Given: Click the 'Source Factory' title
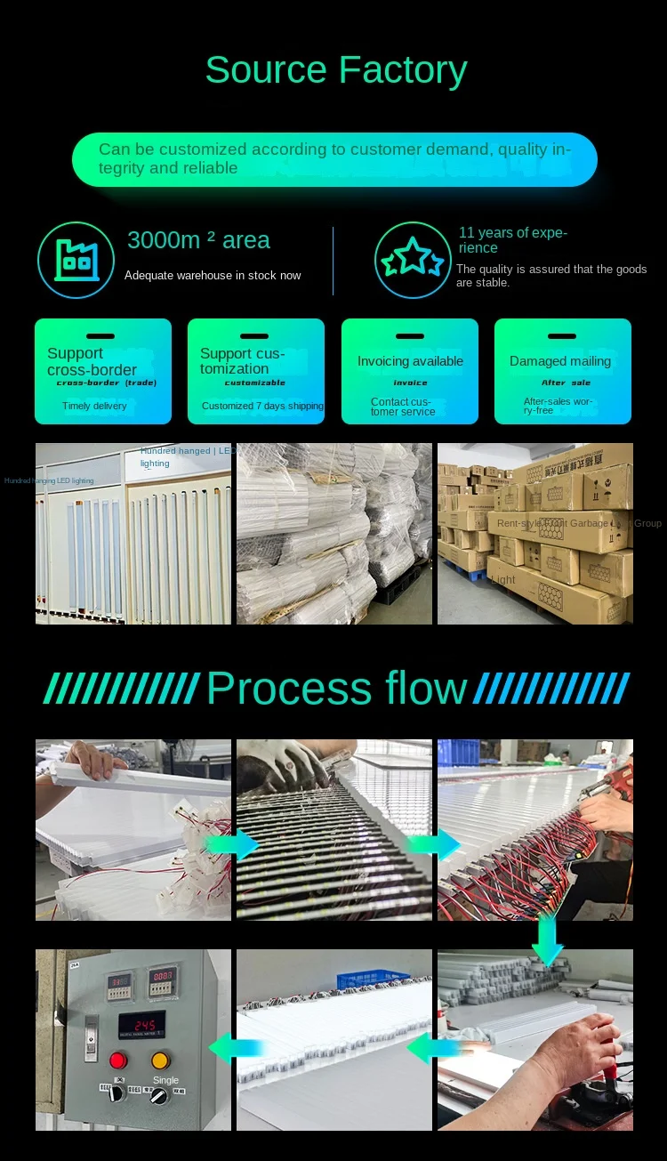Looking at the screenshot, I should click(x=336, y=70).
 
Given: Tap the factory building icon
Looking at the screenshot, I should click(x=76, y=260).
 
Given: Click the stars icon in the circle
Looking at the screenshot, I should click(x=413, y=260).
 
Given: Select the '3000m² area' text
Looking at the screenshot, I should click(x=198, y=240).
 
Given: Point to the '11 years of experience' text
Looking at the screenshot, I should click(x=512, y=240).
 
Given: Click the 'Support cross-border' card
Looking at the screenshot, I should click(x=103, y=371).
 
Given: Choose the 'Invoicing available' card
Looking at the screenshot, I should click(x=410, y=371).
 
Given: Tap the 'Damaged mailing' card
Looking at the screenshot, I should click(x=562, y=371).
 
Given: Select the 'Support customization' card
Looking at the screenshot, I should click(x=256, y=371).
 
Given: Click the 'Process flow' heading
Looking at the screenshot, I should click(x=336, y=689).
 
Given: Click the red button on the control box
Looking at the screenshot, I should click(x=118, y=1060).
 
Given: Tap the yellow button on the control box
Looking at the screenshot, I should click(x=160, y=1060).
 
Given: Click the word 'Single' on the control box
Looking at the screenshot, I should click(x=165, y=1080).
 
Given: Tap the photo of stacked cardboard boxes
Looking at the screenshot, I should click(x=535, y=534).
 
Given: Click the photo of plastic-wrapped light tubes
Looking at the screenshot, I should click(x=334, y=534).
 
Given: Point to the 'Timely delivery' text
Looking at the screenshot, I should click(x=94, y=406).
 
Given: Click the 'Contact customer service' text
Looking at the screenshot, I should click(x=403, y=407).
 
